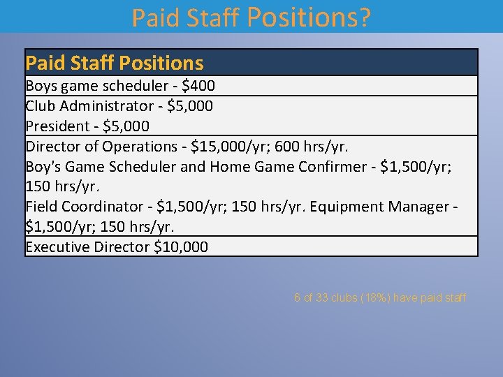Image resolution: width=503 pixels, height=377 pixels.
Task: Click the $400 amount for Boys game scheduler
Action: point(200,86)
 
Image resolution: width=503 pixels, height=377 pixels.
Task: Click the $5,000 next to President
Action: point(126,126)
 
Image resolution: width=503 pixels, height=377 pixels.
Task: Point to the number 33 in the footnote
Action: point(322,298)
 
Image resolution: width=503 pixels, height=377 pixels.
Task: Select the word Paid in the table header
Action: point(43,64)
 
